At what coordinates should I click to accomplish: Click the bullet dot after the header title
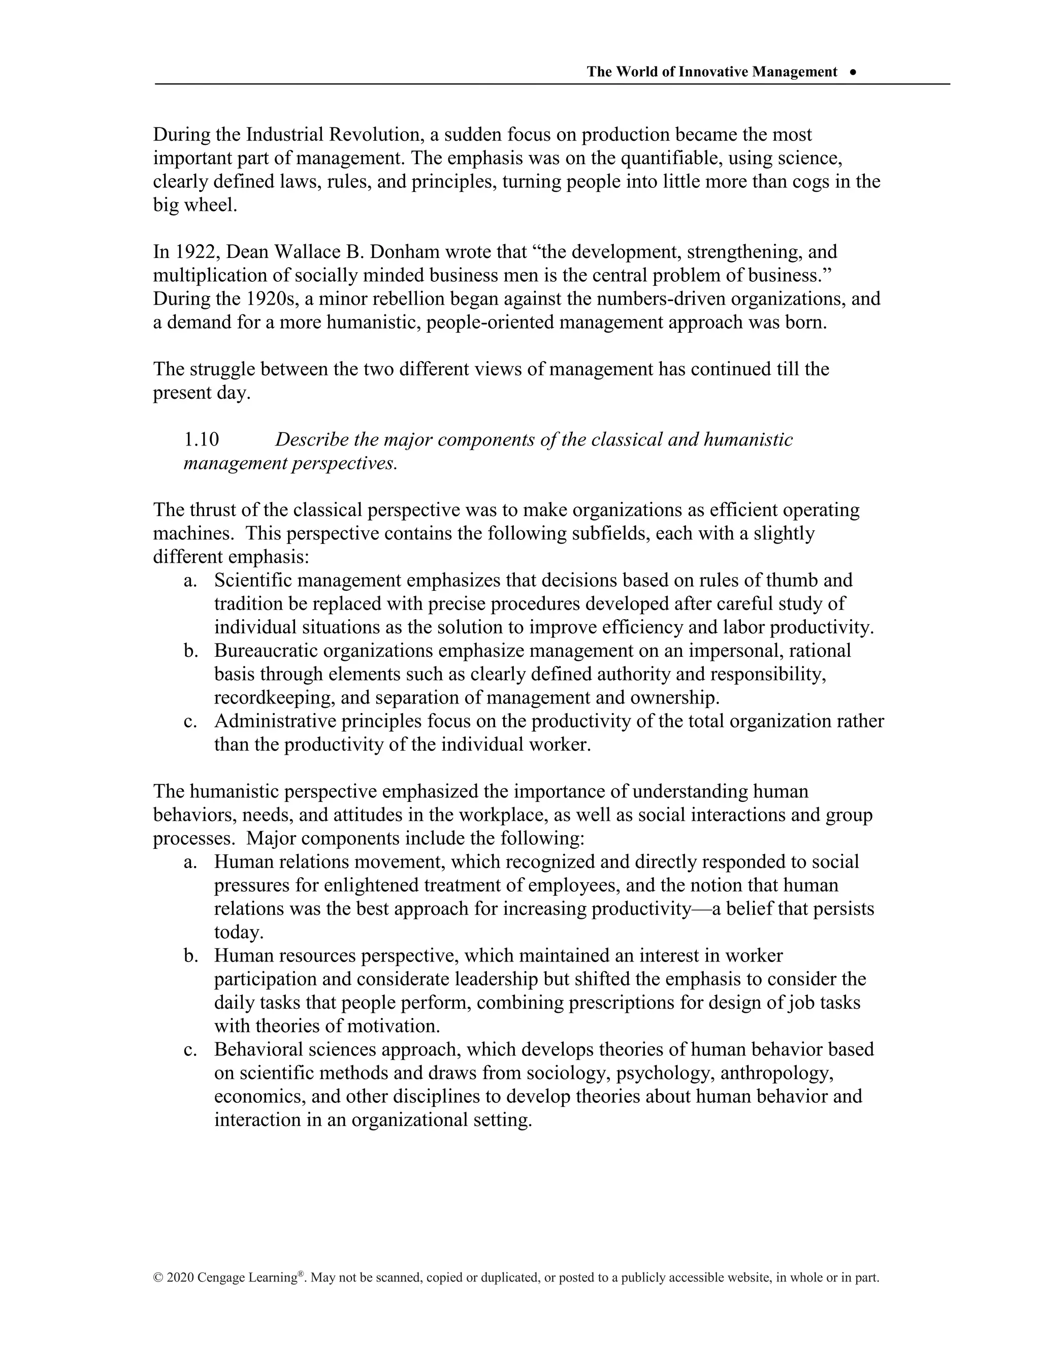coord(853,72)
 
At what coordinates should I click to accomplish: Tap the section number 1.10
coord(201,440)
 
